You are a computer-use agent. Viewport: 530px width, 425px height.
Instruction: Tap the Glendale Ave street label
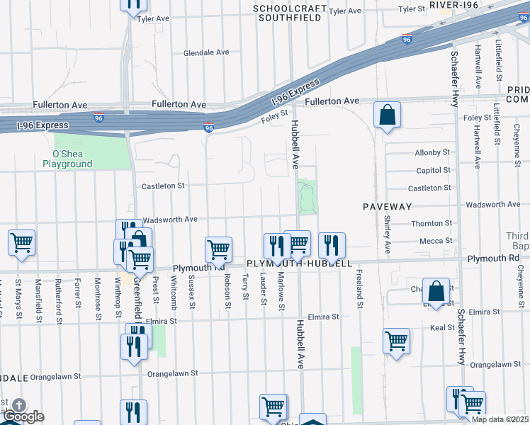[x=206, y=53]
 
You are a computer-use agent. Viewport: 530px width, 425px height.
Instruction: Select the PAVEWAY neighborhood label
[x=387, y=206]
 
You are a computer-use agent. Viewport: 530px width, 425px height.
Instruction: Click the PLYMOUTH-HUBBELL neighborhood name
[x=299, y=263]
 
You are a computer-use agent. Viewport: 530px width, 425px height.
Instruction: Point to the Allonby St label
[x=432, y=152]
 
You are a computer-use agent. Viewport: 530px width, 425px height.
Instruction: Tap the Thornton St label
[x=432, y=223]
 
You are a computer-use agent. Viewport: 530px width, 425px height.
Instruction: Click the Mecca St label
[x=436, y=241]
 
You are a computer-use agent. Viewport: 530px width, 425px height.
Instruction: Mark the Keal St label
[x=441, y=328]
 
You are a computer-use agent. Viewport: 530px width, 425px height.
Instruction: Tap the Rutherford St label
[x=57, y=295]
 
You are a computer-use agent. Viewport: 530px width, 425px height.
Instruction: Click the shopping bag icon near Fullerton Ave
[x=387, y=115]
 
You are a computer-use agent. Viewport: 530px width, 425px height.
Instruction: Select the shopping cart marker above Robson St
[x=218, y=249]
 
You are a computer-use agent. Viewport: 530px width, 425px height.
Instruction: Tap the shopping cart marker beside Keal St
[x=396, y=341]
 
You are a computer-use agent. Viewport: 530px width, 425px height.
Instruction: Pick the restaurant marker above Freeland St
[x=332, y=245]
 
